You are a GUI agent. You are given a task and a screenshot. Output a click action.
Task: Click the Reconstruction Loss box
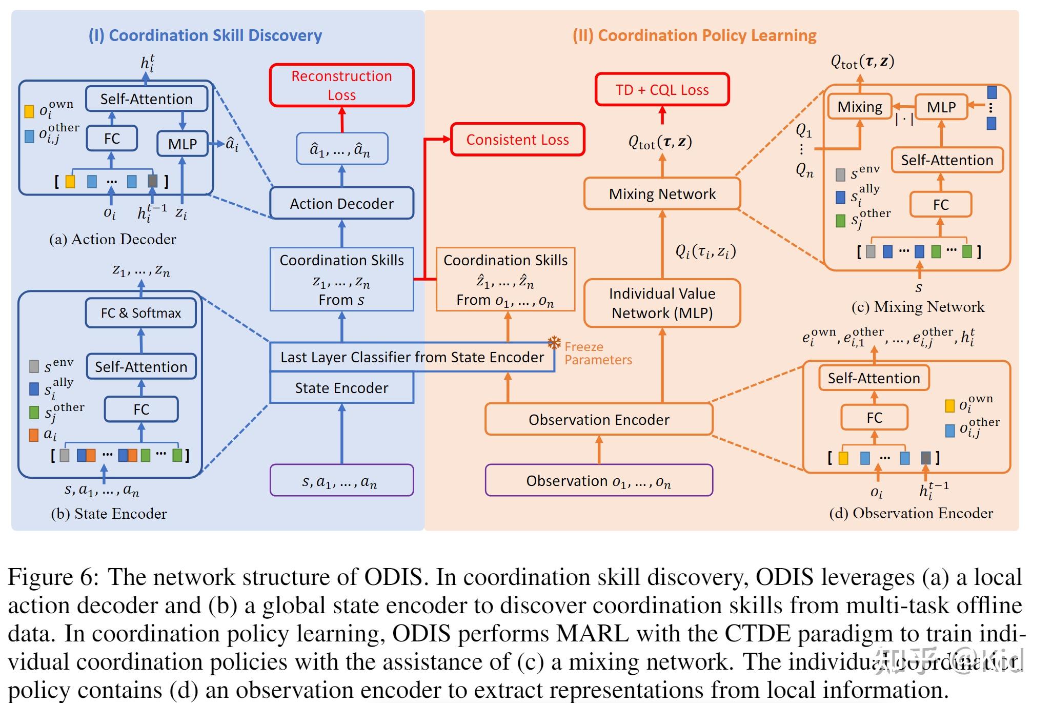(341, 85)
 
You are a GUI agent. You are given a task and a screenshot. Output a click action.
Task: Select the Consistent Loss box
(517, 140)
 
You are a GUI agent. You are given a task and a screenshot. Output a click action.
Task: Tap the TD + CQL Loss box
(662, 90)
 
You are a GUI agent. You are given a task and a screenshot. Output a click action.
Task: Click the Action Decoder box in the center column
(341, 204)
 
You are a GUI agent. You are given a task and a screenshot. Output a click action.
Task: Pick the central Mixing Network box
(662, 194)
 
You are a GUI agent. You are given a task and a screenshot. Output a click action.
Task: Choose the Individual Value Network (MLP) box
(662, 303)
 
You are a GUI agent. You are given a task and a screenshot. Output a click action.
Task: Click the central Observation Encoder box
(598, 420)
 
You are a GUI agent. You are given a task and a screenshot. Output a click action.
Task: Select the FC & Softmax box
(140, 313)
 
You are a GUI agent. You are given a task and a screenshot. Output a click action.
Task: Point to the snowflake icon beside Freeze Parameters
(554, 343)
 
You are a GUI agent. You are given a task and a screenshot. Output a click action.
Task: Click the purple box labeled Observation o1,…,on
(598, 481)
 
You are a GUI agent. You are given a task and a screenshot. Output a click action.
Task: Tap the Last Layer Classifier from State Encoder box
(412, 357)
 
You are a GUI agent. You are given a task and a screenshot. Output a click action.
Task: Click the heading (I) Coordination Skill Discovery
(205, 35)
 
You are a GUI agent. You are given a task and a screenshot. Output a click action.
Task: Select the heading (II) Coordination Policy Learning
(694, 35)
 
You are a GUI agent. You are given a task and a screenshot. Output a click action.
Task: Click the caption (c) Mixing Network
(918, 307)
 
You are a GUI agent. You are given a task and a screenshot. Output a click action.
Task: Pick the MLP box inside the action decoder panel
(182, 144)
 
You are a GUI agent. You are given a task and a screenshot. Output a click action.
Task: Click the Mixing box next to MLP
(860, 107)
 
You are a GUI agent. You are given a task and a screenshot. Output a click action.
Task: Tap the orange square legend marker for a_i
(34, 435)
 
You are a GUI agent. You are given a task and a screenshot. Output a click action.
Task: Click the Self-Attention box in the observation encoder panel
(874, 378)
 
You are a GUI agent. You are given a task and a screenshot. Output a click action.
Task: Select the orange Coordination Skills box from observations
(505, 280)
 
